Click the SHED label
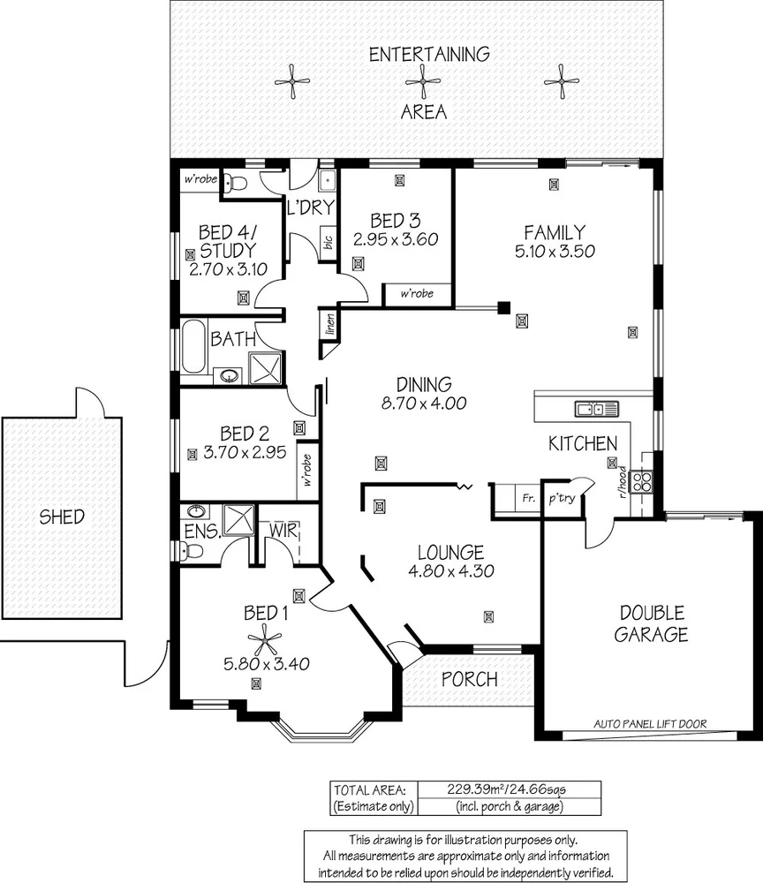pyautogui.click(x=62, y=517)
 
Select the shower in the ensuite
pyautogui.click(x=234, y=520)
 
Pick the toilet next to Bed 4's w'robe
pyautogui.click(x=231, y=182)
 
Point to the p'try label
pyautogui.click(x=563, y=498)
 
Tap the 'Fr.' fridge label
pyautogui.click(x=528, y=498)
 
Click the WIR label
pyautogui.click(x=284, y=531)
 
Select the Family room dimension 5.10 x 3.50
pyautogui.click(x=554, y=250)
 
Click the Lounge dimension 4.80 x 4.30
pyautogui.click(x=450, y=570)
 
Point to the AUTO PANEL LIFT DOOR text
pyautogui.click(x=650, y=723)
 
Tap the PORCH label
pyautogui.click(x=468, y=680)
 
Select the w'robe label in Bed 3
pyautogui.click(x=417, y=294)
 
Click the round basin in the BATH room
pyautogui.click(x=230, y=375)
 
